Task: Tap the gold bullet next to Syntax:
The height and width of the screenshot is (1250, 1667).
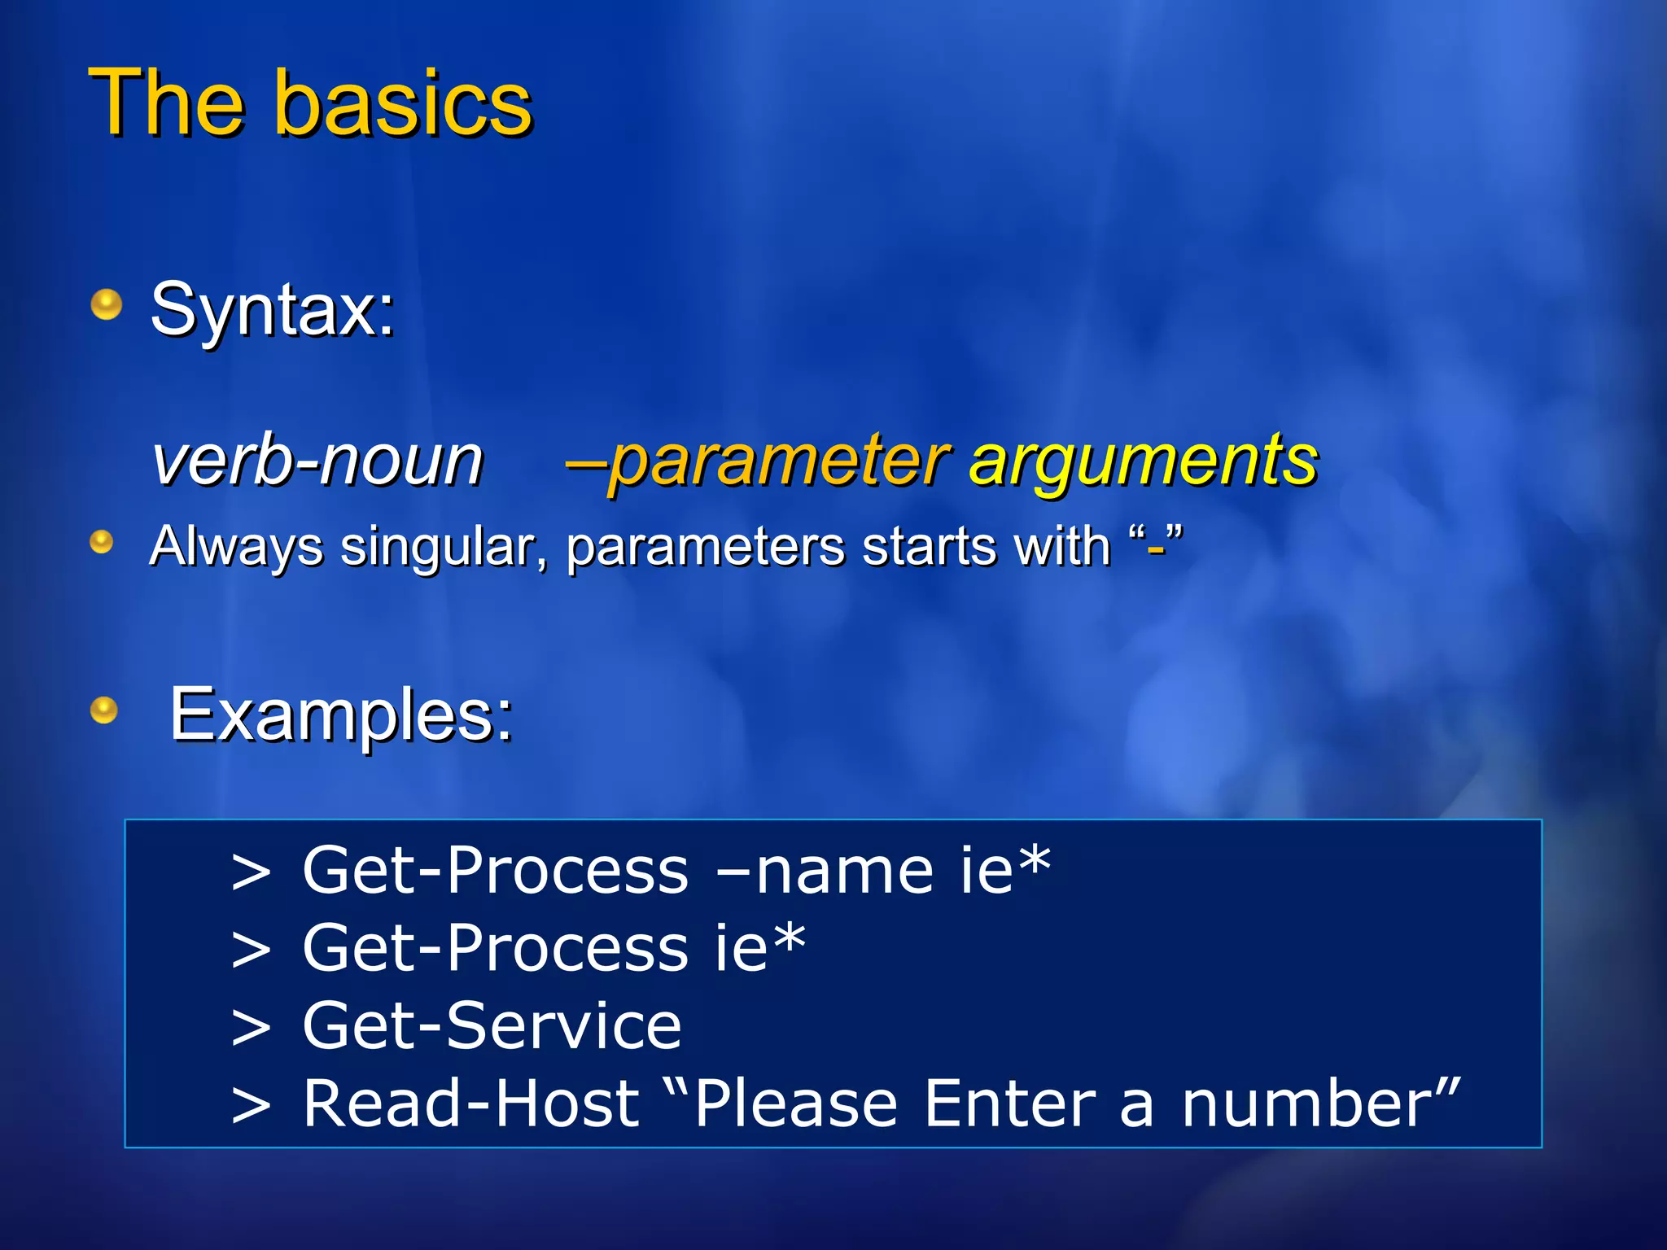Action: tap(106, 305)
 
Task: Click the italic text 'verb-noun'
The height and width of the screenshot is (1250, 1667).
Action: tap(318, 461)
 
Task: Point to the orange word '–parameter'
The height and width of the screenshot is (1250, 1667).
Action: tap(757, 461)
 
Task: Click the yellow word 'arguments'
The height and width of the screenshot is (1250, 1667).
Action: tap(1144, 461)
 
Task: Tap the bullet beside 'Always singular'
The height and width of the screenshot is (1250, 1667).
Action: tap(102, 542)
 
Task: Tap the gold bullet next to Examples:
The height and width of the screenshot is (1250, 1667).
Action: tap(104, 710)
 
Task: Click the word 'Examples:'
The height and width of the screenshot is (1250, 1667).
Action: tap(341, 715)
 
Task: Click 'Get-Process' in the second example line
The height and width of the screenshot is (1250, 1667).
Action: tap(495, 948)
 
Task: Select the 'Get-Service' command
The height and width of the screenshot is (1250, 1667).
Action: tap(492, 1025)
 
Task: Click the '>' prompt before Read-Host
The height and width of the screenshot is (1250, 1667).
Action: tap(251, 1105)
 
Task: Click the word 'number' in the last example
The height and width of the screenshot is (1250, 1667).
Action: tap(1303, 1104)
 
